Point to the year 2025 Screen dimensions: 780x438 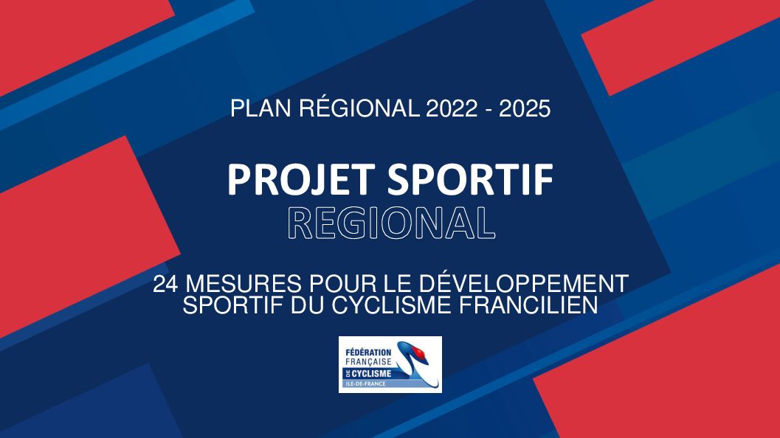coord(525,108)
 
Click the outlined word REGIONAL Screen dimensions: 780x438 coord(392,223)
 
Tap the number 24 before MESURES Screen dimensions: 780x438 coord(165,285)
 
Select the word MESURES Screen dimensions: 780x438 coord(244,285)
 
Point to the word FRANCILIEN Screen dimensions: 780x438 coord(528,305)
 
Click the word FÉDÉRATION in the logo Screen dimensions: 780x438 coord(368,352)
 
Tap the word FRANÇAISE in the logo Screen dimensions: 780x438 coord(368,362)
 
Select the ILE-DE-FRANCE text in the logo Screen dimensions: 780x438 coord(365,384)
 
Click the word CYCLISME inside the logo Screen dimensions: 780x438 coord(372,373)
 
